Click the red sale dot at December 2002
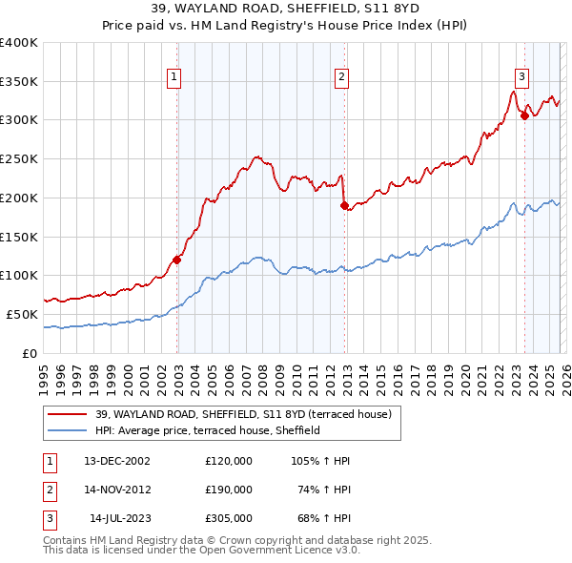(x=177, y=259)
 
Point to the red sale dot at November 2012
(x=345, y=204)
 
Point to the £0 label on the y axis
(x=29, y=353)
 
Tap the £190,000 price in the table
(x=229, y=490)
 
